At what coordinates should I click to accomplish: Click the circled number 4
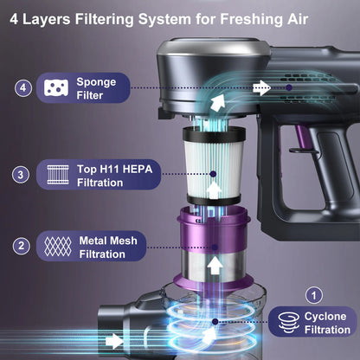tap(23, 87)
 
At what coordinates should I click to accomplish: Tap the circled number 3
tap(21, 175)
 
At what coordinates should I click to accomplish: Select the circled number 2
tap(22, 246)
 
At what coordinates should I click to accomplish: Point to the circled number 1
tap(314, 295)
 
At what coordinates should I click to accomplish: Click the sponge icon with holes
tap(56, 87)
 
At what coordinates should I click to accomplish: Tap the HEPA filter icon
tap(58, 175)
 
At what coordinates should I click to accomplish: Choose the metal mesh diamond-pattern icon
tap(58, 247)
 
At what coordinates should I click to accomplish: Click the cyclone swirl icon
tap(289, 323)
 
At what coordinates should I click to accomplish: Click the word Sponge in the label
tap(96, 82)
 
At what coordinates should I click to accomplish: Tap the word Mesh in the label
tap(125, 241)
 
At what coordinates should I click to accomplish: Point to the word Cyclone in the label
tap(325, 317)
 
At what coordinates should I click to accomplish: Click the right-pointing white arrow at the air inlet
tap(114, 341)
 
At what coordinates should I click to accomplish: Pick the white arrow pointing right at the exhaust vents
tap(261, 87)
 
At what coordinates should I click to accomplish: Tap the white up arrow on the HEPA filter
tap(214, 190)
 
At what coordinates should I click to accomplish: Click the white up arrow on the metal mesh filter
tap(215, 266)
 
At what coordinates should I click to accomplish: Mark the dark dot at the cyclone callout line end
tap(215, 321)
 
